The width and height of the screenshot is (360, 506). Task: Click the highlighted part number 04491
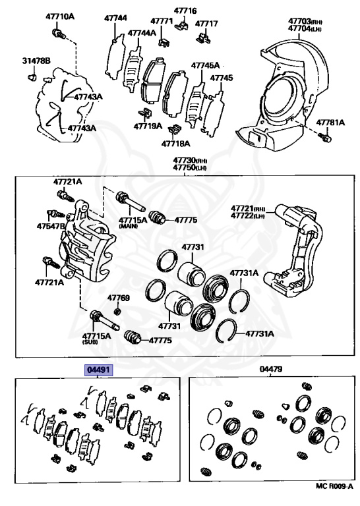(98, 370)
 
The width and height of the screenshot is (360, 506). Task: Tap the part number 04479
(271, 369)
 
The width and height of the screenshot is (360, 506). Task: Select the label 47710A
(60, 16)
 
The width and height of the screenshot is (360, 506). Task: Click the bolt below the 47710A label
(58, 33)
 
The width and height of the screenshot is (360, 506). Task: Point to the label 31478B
(36, 61)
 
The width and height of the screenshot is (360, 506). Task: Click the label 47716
(185, 11)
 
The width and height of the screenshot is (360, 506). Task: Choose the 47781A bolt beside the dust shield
(326, 137)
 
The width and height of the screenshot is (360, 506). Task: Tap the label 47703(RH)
(305, 21)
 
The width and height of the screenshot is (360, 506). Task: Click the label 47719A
(148, 126)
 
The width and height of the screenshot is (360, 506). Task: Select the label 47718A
(175, 143)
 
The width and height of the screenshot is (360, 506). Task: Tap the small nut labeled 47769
(118, 312)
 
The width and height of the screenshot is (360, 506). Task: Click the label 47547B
(51, 226)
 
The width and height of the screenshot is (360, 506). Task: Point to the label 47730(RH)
(190, 160)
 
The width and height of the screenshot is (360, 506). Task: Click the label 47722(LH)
(248, 215)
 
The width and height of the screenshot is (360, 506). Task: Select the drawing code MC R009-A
(334, 495)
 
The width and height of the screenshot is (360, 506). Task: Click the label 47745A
(205, 65)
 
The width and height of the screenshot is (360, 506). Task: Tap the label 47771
(162, 21)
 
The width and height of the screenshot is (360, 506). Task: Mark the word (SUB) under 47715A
(90, 342)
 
